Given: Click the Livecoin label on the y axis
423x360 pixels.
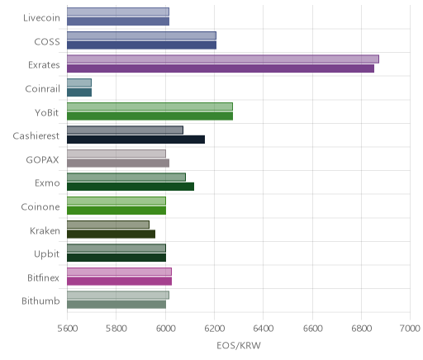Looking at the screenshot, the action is pyautogui.click(x=41, y=18).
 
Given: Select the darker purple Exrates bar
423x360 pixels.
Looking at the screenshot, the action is pyautogui.click(x=221, y=69).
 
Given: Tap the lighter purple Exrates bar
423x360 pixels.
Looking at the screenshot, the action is pyautogui.click(x=223, y=59).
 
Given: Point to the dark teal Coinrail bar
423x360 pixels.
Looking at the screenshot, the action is pyautogui.click(x=79, y=92).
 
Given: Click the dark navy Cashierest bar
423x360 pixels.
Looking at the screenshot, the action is pyautogui.click(x=135, y=140).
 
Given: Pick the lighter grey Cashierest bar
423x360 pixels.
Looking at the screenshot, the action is pyautogui.click(x=125, y=130).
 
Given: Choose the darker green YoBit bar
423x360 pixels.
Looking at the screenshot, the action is pyautogui.click(x=150, y=116).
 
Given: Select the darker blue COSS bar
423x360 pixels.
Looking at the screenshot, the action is pyautogui.click(x=141, y=45).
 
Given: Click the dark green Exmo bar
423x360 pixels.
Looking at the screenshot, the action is pyautogui.click(x=131, y=187).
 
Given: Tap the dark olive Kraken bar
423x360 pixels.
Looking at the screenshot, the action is pyautogui.click(x=111, y=234).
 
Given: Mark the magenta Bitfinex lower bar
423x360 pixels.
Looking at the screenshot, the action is pyautogui.click(x=119, y=282).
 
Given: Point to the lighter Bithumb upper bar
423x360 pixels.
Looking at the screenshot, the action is pyautogui.click(x=118, y=296).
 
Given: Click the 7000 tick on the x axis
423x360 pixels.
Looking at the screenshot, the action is pyautogui.click(x=410, y=329).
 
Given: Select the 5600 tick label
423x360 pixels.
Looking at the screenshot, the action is pyautogui.click(x=68, y=329).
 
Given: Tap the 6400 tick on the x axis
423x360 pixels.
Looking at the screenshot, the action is pyautogui.click(x=264, y=329).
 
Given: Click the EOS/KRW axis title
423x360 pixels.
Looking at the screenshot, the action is pyautogui.click(x=239, y=345).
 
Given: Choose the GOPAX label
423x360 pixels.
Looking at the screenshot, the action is pyautogui.click(x=42, y=160).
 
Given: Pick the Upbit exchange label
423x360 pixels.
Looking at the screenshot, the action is pyautogui.click(x=46, y=254).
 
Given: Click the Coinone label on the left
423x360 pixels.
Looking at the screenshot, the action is pyautogui.click(x=40, y=207).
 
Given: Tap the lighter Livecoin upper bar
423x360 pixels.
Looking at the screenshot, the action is pyautogui.click(x=118, y=12).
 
